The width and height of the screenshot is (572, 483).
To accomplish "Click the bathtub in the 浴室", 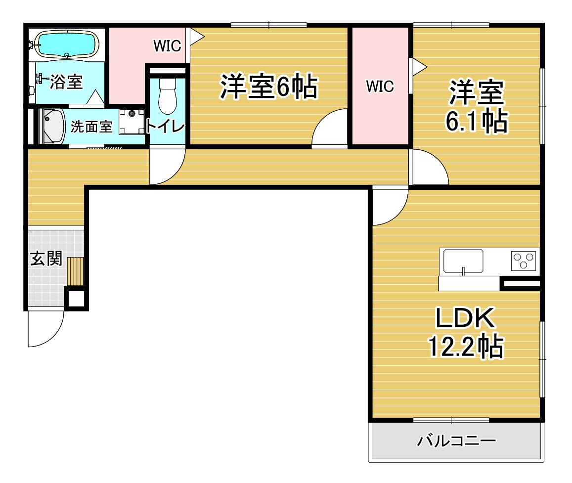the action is [x=67, y=44].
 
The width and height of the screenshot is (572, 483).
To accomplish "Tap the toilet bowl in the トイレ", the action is [x=168, y=96].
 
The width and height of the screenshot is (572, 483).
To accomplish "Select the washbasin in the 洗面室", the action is [x=54, y=126].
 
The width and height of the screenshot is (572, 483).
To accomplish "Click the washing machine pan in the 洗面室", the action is [x=132, y=122].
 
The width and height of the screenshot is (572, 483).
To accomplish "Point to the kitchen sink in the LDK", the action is [x=463, y=261].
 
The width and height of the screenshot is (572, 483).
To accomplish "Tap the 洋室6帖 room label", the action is [x=269, y=87].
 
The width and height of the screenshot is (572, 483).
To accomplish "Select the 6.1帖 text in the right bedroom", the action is [x=477, y=121].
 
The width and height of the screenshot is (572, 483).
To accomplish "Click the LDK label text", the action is [x=466, y=318].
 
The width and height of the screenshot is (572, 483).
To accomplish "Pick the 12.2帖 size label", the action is [x=466, y=347].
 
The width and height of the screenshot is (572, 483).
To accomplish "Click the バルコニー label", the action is [x=456, y=440].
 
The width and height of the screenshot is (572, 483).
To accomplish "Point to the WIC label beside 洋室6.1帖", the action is [x=380, y=87].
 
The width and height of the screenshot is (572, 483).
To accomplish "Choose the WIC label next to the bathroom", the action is [x=167, y=46].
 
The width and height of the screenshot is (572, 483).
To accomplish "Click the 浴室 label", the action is [x=66, y=82].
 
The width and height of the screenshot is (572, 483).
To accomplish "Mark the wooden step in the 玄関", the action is [x=75, y=271].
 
